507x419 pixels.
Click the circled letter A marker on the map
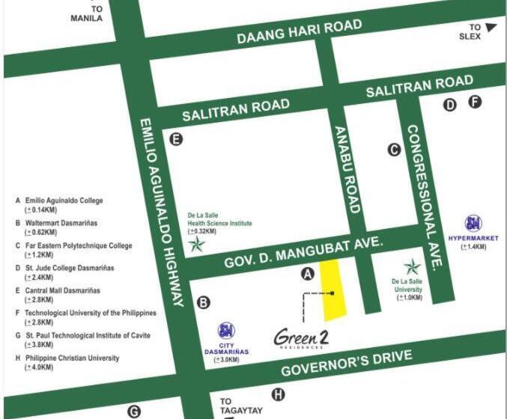click(x=306, y=274)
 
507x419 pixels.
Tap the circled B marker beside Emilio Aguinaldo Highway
click(x=203, y=302)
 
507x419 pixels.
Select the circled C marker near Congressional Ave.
click(x=394, y=150)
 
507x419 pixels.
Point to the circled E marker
click(x=176, y=138)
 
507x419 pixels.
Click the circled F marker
click(x=475, y=103)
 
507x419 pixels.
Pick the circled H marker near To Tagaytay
click(x=279, y=395)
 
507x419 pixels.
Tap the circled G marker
click(x=134, y=411)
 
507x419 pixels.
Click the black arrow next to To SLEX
click(x=491, y=28)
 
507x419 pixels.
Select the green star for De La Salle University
click(x=412, y=266)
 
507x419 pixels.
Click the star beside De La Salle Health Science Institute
click(x=197, y=245)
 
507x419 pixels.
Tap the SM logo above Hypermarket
click(x=473, y=223)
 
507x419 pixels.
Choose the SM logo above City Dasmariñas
click(x=225, y=331)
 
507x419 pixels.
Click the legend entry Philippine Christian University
click(x=72, y=358)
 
